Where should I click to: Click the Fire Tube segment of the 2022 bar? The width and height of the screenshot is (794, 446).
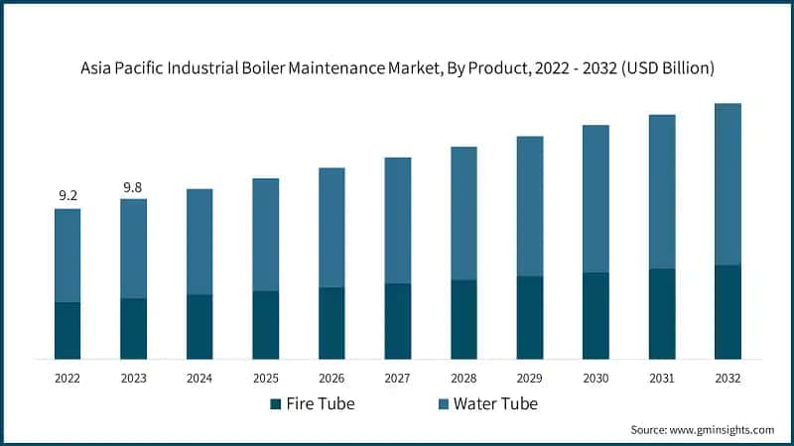point(67,330)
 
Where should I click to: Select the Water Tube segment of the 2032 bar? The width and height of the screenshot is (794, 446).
point(728,184)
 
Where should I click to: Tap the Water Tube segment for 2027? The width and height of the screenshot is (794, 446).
point(398,220)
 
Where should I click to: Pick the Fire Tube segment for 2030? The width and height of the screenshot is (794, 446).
point(595,315)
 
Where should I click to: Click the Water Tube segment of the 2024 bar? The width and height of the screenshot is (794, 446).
point(199,242)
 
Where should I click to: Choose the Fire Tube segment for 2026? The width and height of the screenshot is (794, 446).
point(331,323)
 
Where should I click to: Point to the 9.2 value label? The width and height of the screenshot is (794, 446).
point(67,196)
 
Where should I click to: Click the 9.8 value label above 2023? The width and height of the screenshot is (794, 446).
point(133,186)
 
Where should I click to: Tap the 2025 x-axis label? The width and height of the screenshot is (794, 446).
point(265,378)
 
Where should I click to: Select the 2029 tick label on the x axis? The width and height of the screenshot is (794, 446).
point(529,378)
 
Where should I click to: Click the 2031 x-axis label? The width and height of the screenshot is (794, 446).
point(661,378)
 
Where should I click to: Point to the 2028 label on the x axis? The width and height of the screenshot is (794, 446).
point(463,378)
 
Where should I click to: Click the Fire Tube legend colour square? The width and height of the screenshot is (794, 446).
point(275,404)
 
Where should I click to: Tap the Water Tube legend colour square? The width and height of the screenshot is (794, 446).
point(442,404)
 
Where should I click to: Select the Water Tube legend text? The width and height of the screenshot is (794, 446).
point(495,404)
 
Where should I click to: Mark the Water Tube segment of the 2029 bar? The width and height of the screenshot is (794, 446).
point(530,206)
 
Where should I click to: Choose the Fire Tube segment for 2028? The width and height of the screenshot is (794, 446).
point(463,319)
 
